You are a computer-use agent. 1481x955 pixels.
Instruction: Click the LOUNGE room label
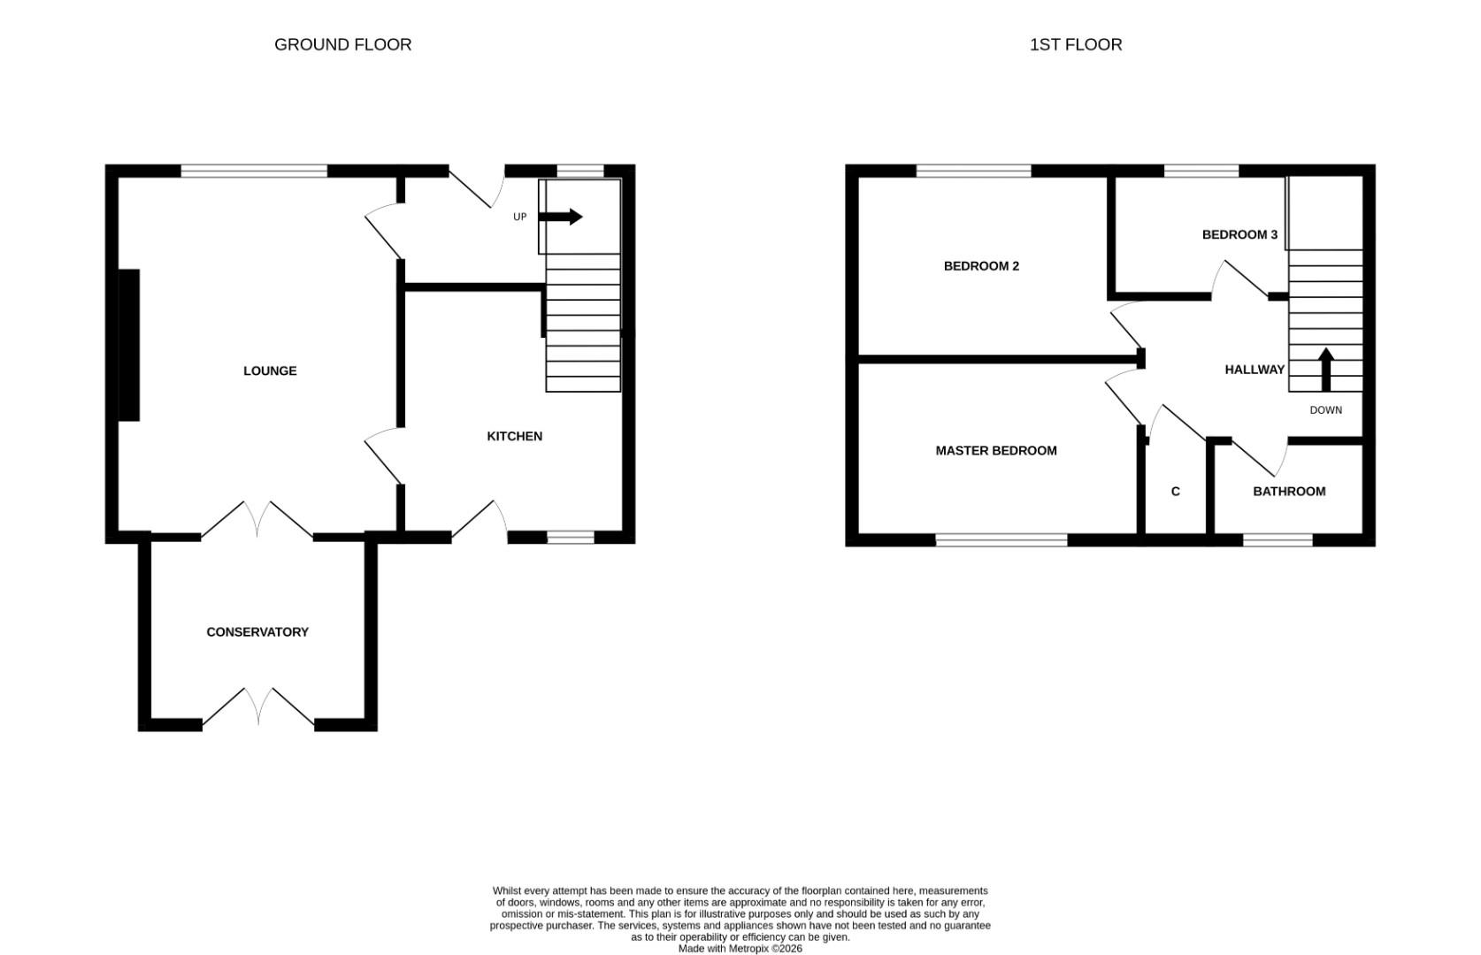point(270,371)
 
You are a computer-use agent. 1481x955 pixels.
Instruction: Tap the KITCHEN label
point(514,436)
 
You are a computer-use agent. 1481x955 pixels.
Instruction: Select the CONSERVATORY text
point(257,632)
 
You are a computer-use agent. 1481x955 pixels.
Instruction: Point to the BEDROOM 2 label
point(981,266)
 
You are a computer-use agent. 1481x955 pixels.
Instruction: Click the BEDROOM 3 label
point(1239,235)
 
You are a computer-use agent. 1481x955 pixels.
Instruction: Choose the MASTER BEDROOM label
point(995,451)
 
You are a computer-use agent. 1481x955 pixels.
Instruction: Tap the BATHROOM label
point(1288,492)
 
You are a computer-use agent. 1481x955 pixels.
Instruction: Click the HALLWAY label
point(1254,370)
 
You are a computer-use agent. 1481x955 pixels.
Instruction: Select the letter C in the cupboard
point(1175,492)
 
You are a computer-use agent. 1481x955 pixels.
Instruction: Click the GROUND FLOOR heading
point(342,44)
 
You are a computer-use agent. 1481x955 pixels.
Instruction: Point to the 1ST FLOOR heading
point(1075,44)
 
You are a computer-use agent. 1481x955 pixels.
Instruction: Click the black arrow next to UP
point(561,217)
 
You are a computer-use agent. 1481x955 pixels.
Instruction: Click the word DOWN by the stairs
point(1325,410)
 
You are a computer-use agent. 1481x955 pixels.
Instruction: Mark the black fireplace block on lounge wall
point(129,345)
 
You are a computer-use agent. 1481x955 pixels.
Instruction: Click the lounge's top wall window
point(254,172)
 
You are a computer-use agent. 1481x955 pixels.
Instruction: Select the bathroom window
point(1278,539)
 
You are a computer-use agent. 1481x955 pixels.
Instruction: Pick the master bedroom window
point(1001,539)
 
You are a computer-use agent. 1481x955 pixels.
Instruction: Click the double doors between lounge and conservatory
point(257,522)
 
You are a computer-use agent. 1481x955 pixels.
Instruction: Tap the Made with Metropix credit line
point(740,949)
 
